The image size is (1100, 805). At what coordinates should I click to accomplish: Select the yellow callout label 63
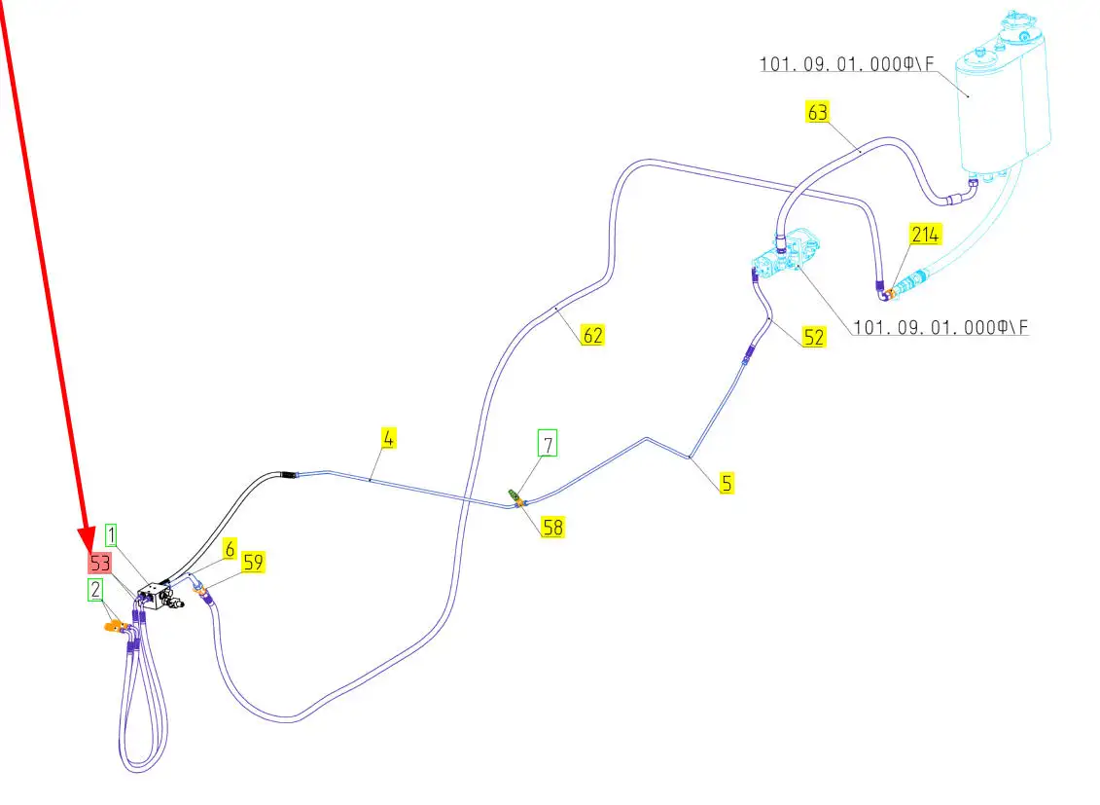click(x=817, y=112)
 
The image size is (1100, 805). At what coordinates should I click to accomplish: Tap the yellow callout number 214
click(x=924, y=235)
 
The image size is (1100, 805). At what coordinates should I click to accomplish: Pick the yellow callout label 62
click(x=592, y=336)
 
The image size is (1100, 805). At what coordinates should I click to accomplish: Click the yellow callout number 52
click(x=814, y=336)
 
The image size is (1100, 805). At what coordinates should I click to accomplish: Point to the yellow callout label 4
click(x=388, y=438)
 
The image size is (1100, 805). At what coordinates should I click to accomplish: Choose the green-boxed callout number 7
click(x=549, y=445)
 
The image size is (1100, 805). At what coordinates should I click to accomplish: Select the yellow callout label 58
click(x=552, y=528)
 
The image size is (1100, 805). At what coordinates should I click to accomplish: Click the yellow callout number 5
click(x=727, y=481)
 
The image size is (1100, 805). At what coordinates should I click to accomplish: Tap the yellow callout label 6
click(x=230, y=549)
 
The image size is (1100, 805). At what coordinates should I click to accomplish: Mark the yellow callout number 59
click(x=253, y=562)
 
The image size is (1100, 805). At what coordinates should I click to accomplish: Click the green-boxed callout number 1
click(x=112, y=534)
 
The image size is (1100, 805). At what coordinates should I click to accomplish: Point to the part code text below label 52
click(x=940, y=328)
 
